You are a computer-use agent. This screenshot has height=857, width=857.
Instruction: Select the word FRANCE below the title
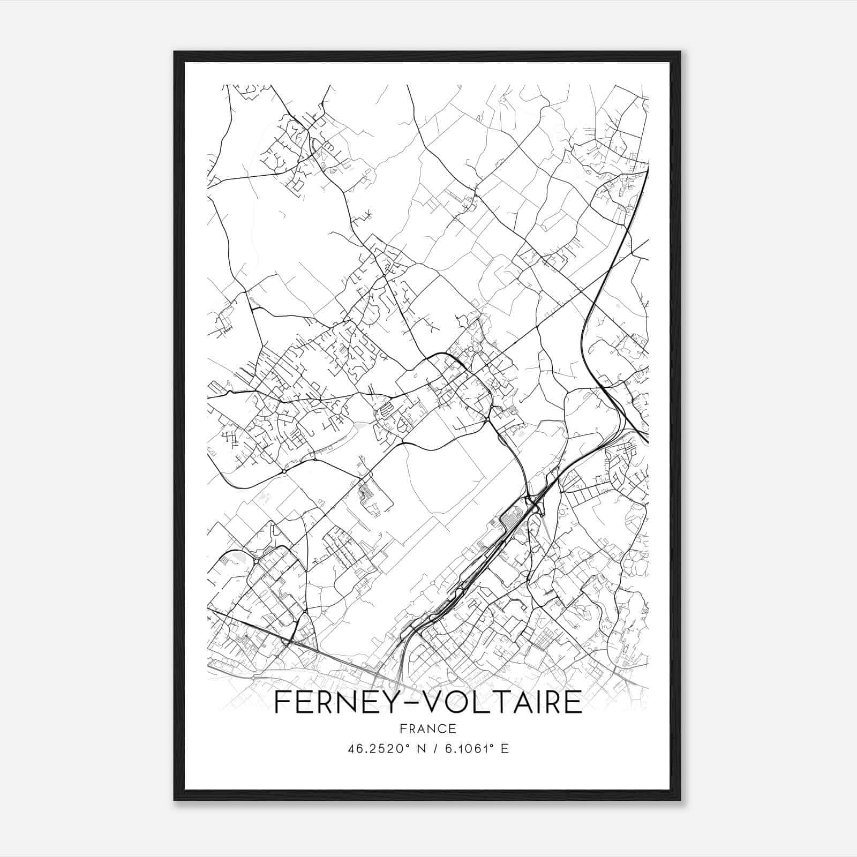click(427, 728)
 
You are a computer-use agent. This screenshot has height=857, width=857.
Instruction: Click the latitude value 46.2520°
click(373, 749)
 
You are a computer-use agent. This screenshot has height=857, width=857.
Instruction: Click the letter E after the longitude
click(504, 749)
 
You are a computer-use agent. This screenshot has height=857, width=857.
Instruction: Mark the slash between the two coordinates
click(431, 749)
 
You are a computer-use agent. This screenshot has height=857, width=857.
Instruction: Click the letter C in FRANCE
click(441, 728)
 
